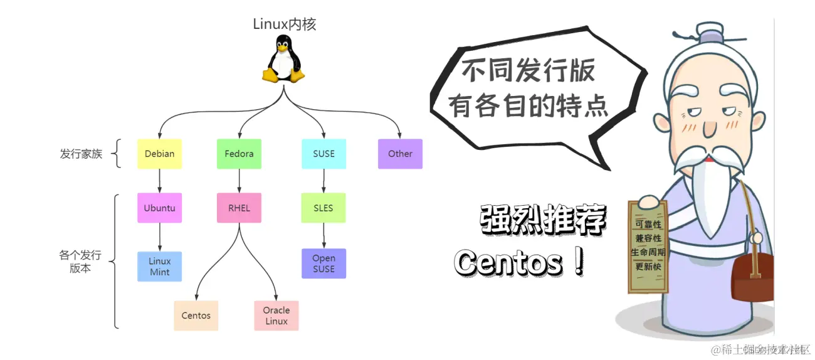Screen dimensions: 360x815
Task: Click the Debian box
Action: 159,154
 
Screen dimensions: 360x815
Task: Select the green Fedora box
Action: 239,154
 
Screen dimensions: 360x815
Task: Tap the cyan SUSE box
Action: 323,154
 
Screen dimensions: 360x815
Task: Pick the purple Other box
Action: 400,154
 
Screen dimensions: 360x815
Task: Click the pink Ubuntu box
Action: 159,208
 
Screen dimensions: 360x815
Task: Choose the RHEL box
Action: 239,208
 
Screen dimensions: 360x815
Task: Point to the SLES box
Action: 323,208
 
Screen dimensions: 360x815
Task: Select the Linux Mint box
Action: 159,267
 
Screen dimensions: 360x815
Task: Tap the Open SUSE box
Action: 323,263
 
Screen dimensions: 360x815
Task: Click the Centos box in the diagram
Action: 196,315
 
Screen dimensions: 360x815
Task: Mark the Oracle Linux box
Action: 276,315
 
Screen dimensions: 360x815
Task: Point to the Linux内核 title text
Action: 285,24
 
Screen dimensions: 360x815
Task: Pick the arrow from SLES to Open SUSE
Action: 323,235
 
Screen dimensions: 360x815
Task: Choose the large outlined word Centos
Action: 509,263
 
